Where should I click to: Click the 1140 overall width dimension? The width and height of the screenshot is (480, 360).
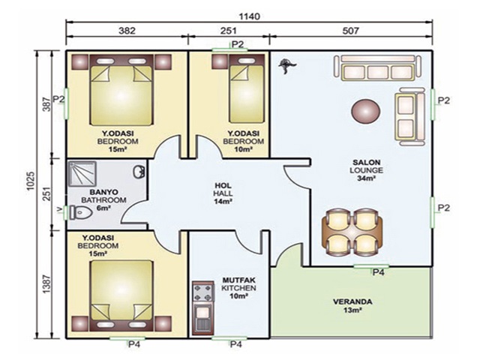[250, 16]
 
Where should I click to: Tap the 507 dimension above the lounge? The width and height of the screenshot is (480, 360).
[350, 31]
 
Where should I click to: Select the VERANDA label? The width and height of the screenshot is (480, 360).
[352, 301]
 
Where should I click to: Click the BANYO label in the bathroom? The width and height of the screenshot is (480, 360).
[103, 192]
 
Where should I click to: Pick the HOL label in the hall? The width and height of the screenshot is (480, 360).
[223, 185]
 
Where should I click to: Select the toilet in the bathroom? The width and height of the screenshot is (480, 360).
[81, 212]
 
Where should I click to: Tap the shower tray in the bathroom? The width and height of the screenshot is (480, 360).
[82, 174]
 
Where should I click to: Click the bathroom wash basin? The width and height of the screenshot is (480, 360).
[139, 172]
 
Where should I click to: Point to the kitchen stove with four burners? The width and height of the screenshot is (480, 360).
[202, 292]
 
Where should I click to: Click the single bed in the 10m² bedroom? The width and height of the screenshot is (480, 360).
[247, 89]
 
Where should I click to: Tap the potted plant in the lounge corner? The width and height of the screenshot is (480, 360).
[286, 66]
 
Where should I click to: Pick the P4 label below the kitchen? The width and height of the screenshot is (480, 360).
[236, 344]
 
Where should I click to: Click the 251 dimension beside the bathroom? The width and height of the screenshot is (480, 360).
[46, 193]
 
